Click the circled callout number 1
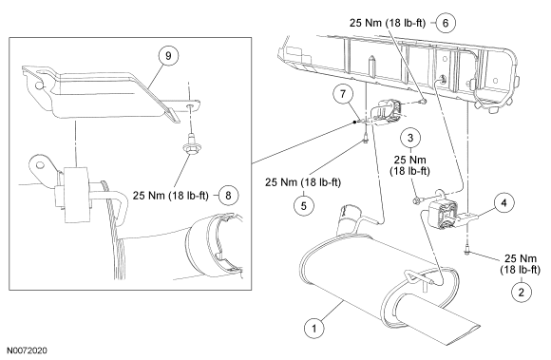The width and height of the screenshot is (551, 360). coord(313,329)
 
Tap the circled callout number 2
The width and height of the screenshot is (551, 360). coord(522,292)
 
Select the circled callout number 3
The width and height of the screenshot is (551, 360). coord(410,138)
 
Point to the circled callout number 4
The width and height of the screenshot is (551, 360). coord(503,203)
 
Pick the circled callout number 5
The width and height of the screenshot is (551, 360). coord(304,205)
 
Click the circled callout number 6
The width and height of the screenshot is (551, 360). coord(446,23)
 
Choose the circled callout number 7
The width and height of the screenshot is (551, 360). coord(343,94)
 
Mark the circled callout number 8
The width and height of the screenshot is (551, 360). coord(228,195)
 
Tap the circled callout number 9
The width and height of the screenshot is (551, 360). coord(168,56)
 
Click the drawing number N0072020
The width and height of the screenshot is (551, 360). coord(28,351)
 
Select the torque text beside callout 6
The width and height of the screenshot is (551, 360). coord(388,23)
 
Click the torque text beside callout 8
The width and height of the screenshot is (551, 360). coord(171,195)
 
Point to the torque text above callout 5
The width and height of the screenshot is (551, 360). coord(303,182)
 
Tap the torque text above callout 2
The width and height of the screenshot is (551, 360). coord(521,264)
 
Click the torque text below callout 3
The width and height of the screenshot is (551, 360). coord(409,165)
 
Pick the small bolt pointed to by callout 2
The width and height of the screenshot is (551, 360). coord(467,251)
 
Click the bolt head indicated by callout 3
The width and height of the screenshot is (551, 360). coord(417,200)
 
